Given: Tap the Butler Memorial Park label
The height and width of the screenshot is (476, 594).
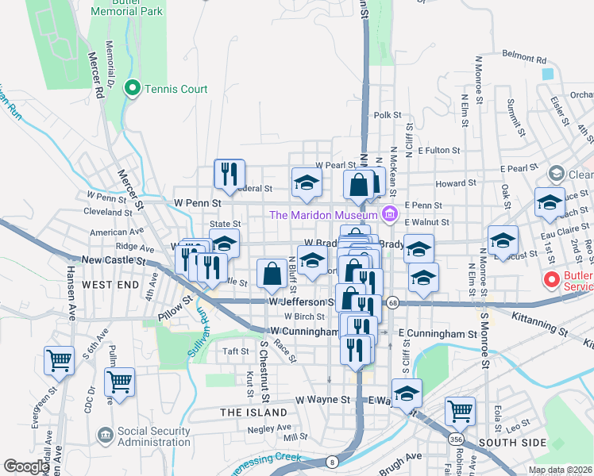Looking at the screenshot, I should click(x=127, y=7).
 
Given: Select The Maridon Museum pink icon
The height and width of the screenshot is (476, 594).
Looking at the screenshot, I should click(x=389, y=214).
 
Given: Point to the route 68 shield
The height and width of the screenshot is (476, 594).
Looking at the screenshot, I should click(x=392, y=302).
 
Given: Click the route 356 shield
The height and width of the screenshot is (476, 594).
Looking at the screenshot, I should click(x=456, y=439).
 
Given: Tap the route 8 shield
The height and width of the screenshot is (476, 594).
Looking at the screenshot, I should click(x=332, y=461).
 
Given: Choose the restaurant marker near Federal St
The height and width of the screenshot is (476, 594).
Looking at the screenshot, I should click(x=229, y=174).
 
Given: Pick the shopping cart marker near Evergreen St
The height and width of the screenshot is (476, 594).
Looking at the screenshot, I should click(x=60, y=360).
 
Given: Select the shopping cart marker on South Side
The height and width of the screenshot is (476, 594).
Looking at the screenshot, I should click(x=460, y=411).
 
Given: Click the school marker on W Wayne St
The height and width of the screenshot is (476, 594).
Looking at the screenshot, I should click(x=407, y=393).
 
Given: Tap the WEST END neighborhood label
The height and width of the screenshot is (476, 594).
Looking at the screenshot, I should click(x=108, y=284).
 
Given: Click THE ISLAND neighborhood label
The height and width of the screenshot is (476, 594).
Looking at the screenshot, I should click(x=253, y=413).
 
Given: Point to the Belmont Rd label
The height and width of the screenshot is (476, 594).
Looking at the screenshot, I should click(x=525, y=59).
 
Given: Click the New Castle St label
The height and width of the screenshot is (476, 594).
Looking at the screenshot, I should click(x=110, y=259).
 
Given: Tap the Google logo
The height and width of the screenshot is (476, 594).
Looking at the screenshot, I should click(x=26, y=466).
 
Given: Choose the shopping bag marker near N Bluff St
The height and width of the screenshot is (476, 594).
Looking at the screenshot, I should click(x=272, y=274).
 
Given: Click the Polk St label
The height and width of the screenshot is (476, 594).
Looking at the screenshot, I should click(x=388, y=115).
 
